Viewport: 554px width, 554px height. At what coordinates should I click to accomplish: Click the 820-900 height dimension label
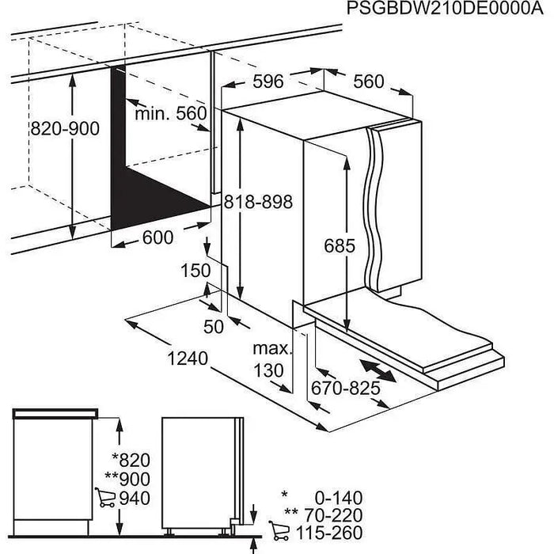click(64, 128)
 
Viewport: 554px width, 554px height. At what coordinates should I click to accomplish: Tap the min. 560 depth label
click(169, 114)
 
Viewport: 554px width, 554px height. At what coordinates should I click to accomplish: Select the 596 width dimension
click(267, 81)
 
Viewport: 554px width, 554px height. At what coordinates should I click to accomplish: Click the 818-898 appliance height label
click(257, 203)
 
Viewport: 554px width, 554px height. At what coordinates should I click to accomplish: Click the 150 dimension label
click(195, 271)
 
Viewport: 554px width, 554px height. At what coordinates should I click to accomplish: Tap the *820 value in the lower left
click(131, 460)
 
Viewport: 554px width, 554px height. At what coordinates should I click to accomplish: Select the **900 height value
click(127, 479)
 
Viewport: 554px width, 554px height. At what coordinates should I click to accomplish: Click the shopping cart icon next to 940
click(104, 498)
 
